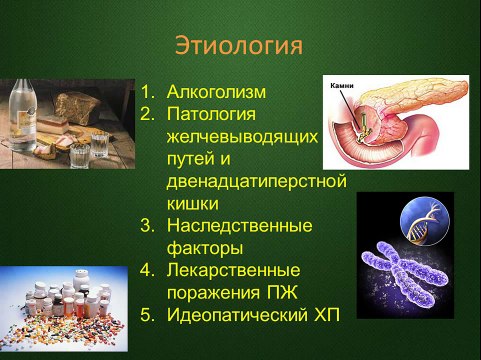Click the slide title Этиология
point(239,47)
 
